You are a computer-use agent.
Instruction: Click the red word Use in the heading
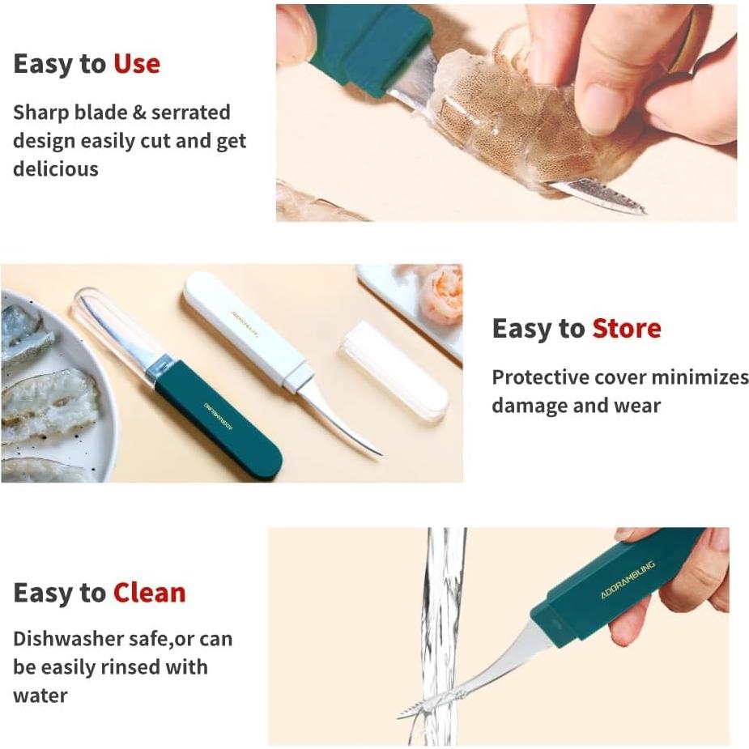[136, 64]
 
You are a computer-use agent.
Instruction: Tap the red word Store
[626, 329]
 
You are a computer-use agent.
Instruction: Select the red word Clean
[149, 594]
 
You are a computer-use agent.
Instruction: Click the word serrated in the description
[194, 113]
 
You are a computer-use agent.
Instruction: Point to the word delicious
[55, 169]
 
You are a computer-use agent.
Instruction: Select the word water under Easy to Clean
[40, 696]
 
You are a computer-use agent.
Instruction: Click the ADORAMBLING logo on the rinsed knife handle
[628, 580]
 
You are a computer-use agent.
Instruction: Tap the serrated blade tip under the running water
[417, 708]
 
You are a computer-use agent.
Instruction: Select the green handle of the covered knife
[219, 420]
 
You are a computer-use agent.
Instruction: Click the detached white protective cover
[393, 368]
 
